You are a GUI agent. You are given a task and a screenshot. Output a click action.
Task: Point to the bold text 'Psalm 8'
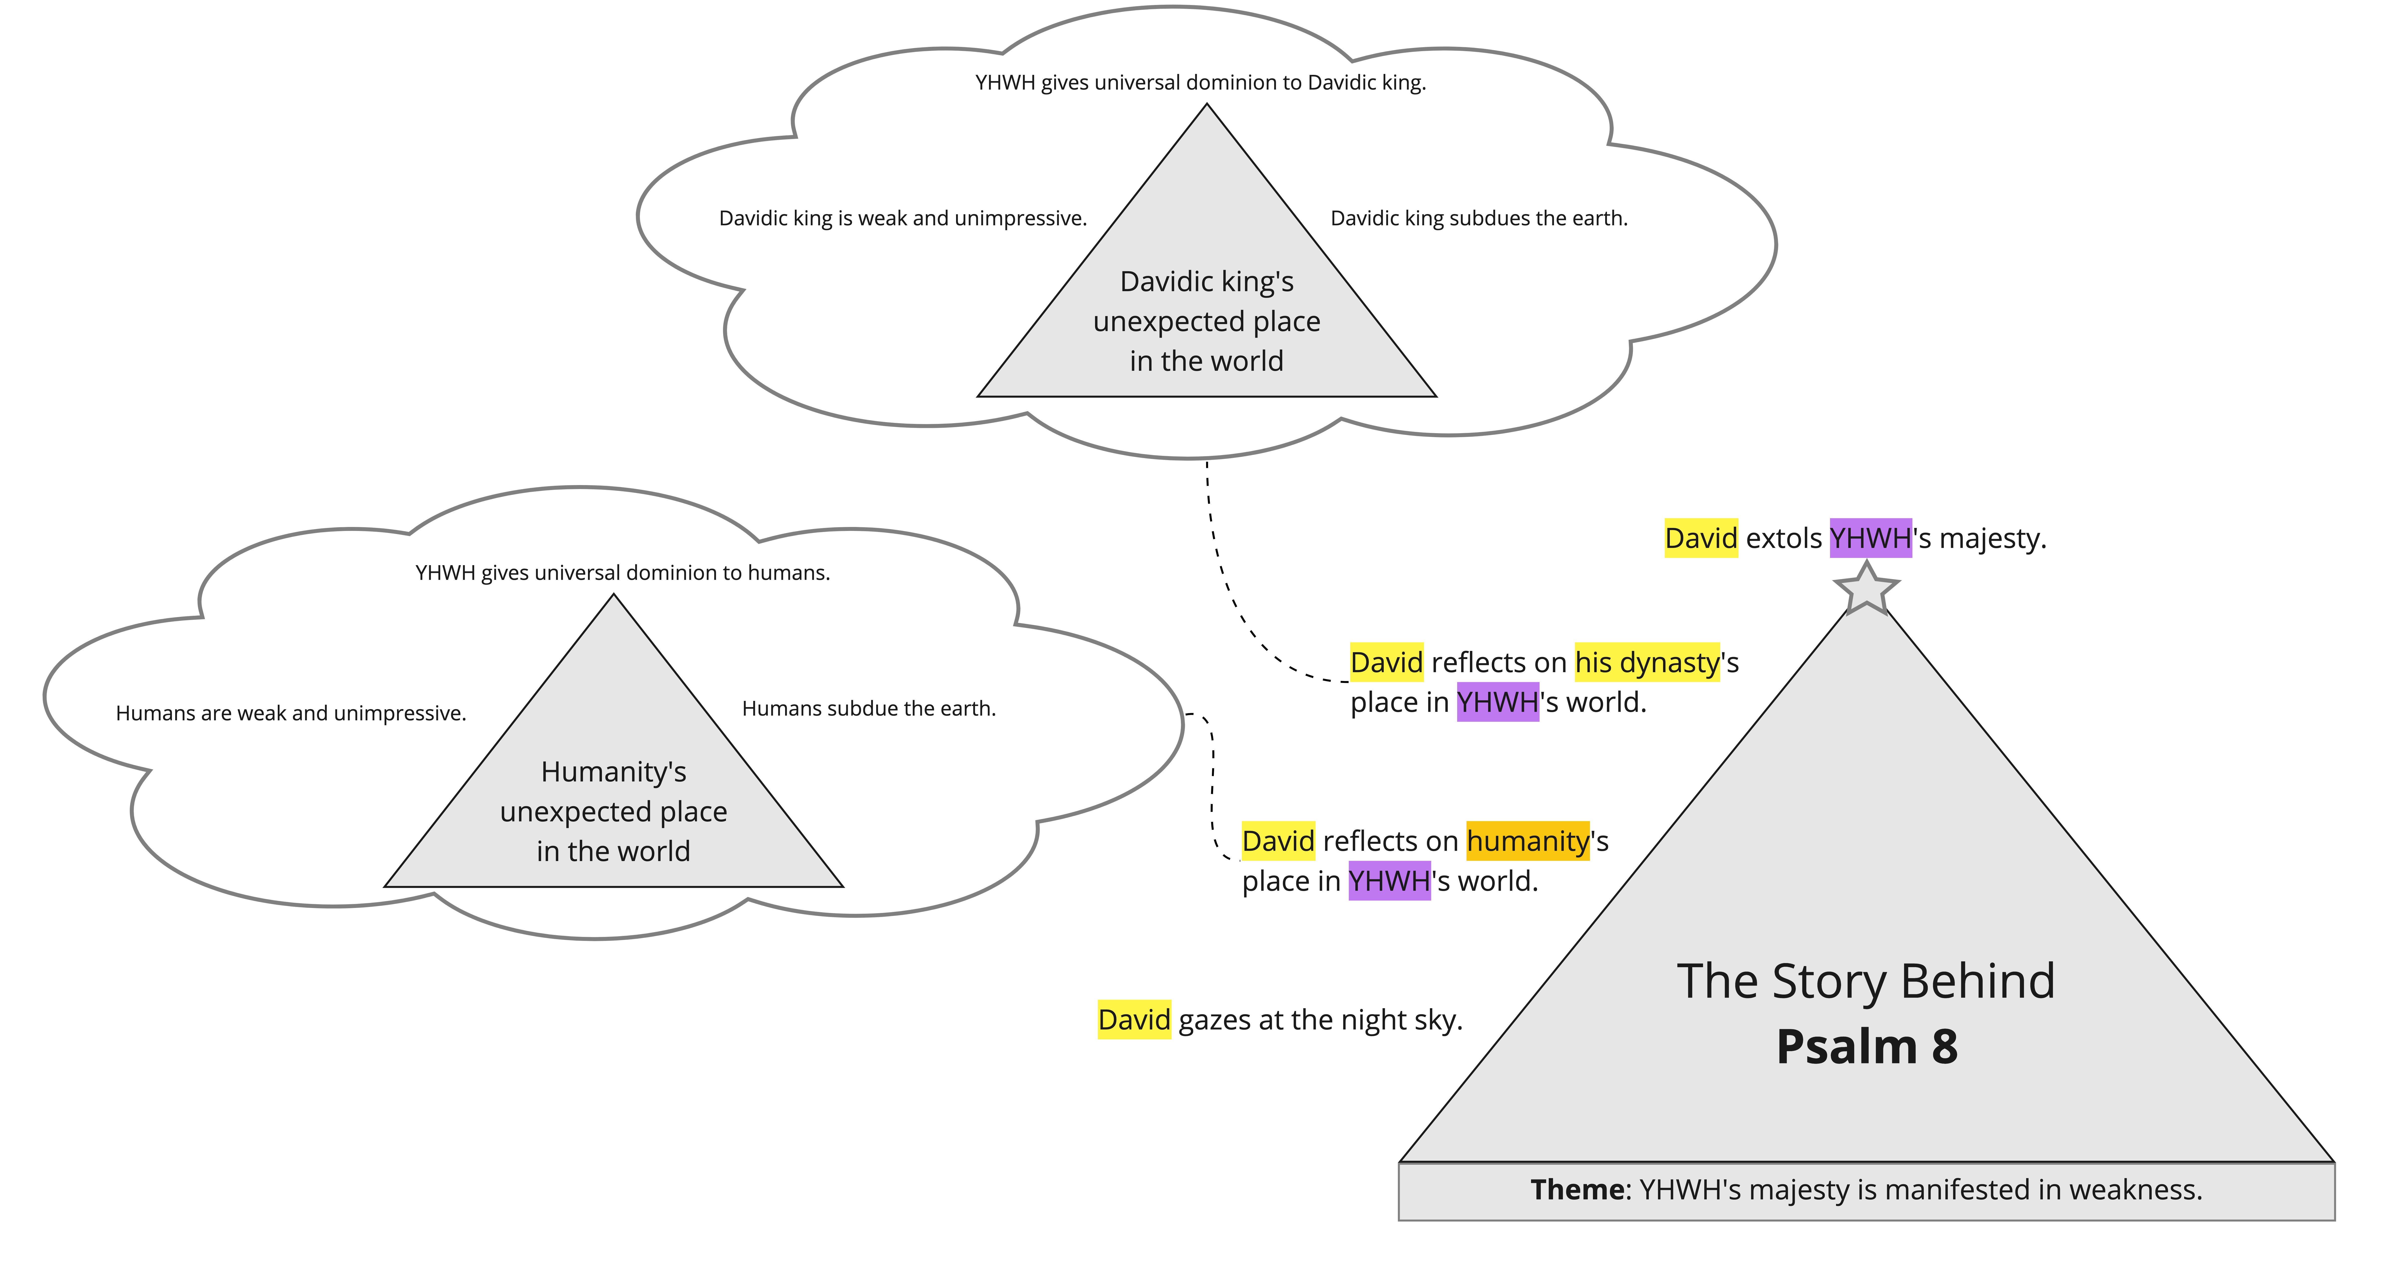1866,1046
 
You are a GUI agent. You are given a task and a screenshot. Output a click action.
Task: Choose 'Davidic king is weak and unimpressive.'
902,218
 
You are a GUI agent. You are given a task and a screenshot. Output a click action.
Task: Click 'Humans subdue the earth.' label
869,709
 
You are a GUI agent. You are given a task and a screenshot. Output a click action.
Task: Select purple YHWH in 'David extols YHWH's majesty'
1870,538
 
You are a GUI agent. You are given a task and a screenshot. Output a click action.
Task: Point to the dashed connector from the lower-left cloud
1212,784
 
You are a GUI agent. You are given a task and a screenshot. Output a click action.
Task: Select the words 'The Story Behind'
1866,982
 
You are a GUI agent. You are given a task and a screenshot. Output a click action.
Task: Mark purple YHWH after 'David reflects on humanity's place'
1389,881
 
